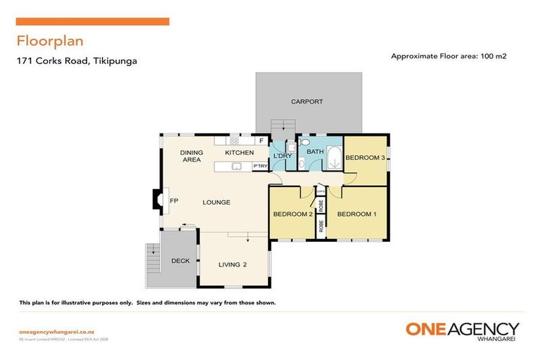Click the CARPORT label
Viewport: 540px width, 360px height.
tap(307, 102)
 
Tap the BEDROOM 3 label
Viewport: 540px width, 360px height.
tap(364, 158)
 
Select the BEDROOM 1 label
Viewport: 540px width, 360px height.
tap(356, 214)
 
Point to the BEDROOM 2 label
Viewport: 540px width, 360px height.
tap(292, 214)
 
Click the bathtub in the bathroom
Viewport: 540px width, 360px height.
tap(333, 157)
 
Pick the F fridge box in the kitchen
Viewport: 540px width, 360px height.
tap(262, 141)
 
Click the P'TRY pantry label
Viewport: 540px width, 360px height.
tap(259, 166)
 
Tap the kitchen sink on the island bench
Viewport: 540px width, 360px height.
tap(237, 166)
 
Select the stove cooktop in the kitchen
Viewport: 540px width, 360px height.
tap(234, 141)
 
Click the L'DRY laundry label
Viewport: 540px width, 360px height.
tap(282, 155)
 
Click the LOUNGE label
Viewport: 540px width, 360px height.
tap(217, 202)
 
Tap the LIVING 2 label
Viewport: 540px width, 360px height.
tap(233, 264)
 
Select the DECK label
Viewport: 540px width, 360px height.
tap(180, 261)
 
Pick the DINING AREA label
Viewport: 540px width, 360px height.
tap(191, 156)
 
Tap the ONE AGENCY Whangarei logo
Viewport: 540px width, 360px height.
tap(462, 331)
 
